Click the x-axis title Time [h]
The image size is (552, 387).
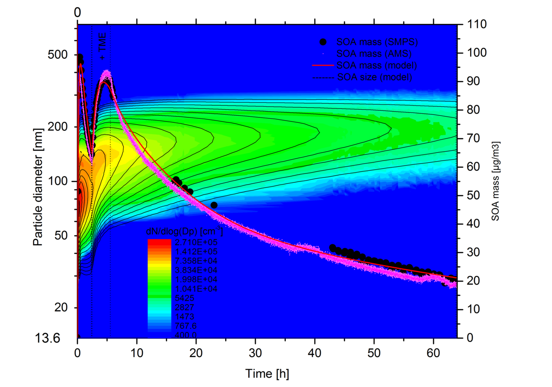(x=267, y=374)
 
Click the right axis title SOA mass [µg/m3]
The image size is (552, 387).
(x=495, y=181)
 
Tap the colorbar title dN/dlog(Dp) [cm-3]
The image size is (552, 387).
(x=184, y=232)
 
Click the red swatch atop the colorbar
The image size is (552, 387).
(x=159, y=242)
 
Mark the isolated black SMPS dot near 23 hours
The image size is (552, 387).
(x=214, y=205)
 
